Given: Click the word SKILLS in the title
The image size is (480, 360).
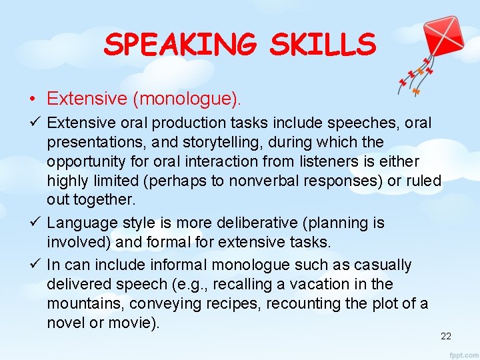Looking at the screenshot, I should coord(323,45).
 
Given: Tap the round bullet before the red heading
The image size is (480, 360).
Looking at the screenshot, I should coord(32,100).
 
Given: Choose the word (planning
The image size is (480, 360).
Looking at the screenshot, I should coord(353,223).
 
